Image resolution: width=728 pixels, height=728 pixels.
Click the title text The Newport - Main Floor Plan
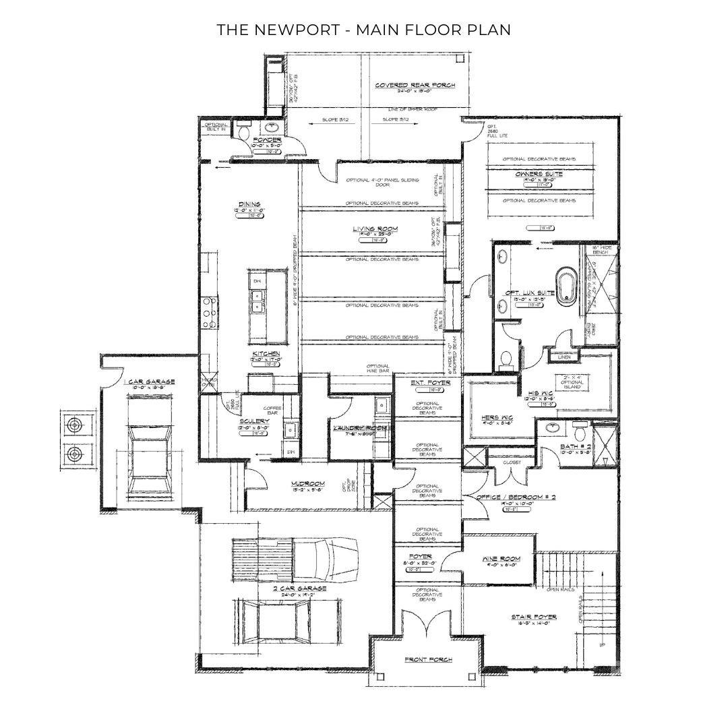click(x=364, y=30)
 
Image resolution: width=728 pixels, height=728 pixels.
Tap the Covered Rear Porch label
click(x=415, y=85)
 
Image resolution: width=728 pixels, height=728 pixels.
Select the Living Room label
click(x=375, y=229)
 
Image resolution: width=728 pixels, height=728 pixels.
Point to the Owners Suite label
click(x=539, y=174)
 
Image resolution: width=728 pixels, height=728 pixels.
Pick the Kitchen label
click(x=266, y=353)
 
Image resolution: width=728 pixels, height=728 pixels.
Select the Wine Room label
click(x=499, y=559)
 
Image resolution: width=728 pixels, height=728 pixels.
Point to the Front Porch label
click(x=428, y=659)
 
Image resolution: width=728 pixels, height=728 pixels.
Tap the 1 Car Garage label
click(x=149, y=382)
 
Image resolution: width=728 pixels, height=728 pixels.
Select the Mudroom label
click(x=308, y=483)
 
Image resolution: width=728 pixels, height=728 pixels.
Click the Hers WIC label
click(x=496, y=417)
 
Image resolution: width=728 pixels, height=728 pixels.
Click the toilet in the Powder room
click(x=245, y=133)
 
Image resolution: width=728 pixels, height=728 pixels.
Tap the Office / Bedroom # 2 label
click(x=516, y=497)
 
